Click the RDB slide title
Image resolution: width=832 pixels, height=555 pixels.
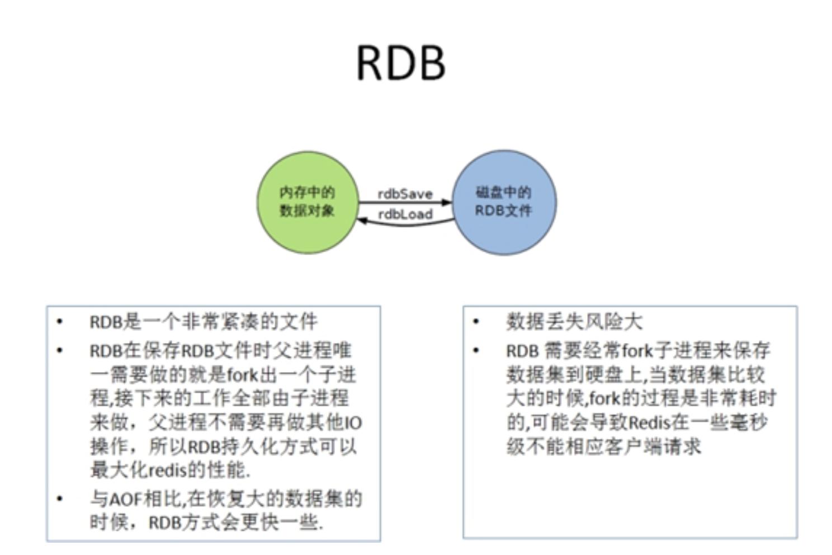coord(401,63)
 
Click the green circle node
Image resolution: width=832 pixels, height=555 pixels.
coord(308,203)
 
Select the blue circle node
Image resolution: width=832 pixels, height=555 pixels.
coord(504,203)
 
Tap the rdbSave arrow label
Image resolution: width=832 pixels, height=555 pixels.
coord(405,194)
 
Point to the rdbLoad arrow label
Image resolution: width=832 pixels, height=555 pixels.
coord(405,214)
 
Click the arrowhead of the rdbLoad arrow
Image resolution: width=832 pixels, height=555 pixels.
coord(362,221)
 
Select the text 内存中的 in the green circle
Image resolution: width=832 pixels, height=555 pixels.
coord(307,192)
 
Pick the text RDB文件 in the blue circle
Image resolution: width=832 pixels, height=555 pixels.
coord(504,211)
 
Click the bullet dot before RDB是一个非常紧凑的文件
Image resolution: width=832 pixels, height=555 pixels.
coord(60,321)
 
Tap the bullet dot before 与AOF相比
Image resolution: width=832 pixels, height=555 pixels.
coord(60,498)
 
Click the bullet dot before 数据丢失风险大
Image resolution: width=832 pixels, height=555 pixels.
coord(476,321)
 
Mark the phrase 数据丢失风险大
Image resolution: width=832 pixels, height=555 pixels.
coord(574,322)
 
